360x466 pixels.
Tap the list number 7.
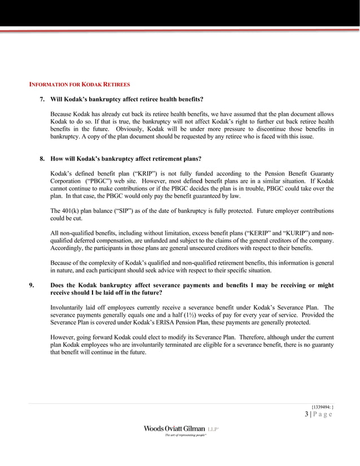[42, 99]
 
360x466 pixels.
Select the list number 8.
[42, 159]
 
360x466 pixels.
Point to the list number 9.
[33, 285]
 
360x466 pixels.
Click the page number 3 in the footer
[306, 415]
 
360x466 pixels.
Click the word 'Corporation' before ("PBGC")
[69, 181]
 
